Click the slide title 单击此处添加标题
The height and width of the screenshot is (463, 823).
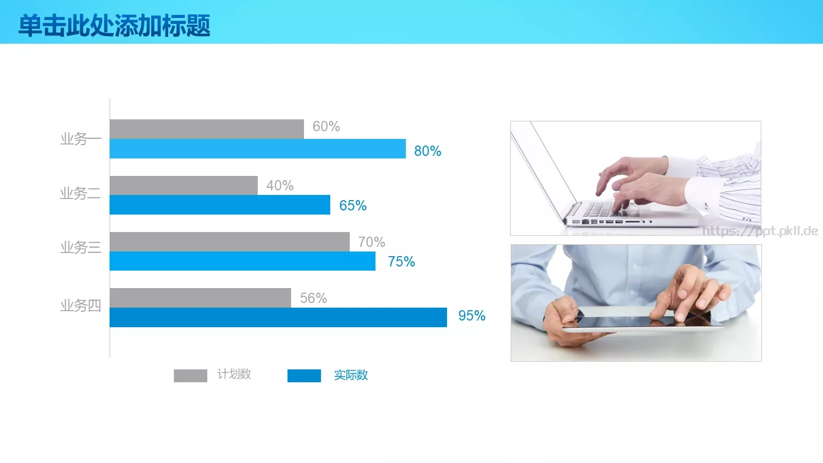tap(114, 26)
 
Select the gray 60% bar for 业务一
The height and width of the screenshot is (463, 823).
tap(206, 129)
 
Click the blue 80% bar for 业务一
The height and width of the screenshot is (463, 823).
tap(257, 149)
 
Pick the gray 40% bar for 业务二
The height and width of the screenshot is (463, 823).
tap(183, 185)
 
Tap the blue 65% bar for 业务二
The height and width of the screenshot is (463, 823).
tap(220, 205)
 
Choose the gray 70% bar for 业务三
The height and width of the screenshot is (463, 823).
tap(229, 242)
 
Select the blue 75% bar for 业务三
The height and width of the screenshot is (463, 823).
tap(242, 261)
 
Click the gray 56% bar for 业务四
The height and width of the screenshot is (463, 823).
tap(200, 298)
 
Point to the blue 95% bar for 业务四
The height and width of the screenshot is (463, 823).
tap(278, 317)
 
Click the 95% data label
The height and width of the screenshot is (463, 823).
tap(472, 316)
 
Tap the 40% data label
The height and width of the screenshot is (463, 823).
tap(280, 186)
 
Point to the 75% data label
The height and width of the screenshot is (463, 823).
tap(401, 262)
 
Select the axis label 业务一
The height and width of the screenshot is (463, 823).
tap(80, 139)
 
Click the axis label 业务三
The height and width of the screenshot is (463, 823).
tap(80, 247)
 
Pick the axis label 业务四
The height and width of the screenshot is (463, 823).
tap(80, 306)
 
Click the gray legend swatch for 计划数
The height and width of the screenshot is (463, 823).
tap(190, 376)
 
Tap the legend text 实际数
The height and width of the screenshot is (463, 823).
tap(351, 376)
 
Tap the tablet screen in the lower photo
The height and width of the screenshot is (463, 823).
tap(643, 320)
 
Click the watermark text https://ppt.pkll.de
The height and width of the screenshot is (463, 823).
tap(760, 231)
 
